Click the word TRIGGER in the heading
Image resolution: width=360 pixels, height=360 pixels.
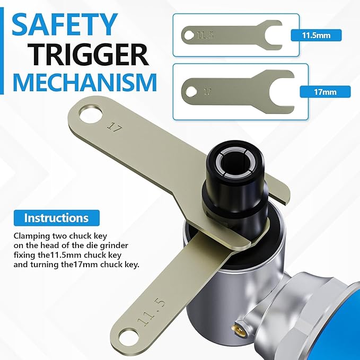click(x=90, y=55)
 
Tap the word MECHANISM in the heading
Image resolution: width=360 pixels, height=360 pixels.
click(x=85, y=82)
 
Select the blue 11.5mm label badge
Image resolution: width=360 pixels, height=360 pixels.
click(x=316, y=36)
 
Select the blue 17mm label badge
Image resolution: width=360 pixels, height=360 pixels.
click(x=325, y=92)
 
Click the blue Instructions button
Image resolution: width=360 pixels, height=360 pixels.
click(x=57, y=218)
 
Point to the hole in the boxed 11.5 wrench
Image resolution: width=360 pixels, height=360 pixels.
click(x=189, y=36)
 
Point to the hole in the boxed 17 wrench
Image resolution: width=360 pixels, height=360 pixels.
click(x=191, y=92)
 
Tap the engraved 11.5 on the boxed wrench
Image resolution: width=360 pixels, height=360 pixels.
click(x=205, y=36)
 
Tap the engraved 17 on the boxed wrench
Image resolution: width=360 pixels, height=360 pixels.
click(x=207, y=92)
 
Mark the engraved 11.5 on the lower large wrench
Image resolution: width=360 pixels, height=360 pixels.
click(x=151, y=312)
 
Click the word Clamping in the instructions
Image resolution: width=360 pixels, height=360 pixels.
click(x=31, y=236)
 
